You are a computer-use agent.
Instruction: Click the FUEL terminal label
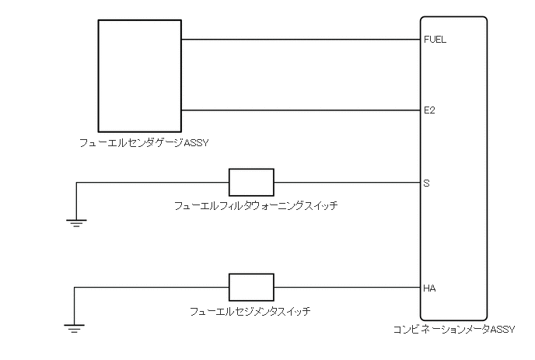pyautogui.click(x=435, y=39)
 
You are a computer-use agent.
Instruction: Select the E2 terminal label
pyautogui.click(x=429, y=110)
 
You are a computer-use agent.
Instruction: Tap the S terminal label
pyautogui.click(x=426, y=183)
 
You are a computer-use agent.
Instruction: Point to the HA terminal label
pyautogui.click(x=429, y=288)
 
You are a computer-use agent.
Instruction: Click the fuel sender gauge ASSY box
pyautogui.click(x=139, y=75)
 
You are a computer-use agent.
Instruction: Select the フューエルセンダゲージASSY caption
pyautogui.click(x=145, y=142)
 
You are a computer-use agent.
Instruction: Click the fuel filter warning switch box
pyautogui.click(x=251, y=182)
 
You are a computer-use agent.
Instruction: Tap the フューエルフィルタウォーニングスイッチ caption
pyautogui.click(x=257, y=206)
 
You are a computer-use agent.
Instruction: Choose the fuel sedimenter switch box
pyautogui.click(x=251, y=287)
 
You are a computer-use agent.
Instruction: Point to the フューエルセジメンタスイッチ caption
pyautogui.click(x=250, y=311)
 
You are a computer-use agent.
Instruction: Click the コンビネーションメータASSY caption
pyautogui.click(x=454, y=330)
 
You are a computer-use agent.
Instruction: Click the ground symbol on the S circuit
pyautogui.click(x=75, y=222)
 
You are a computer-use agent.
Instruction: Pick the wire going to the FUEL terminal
pyautogui.click(x=299, y=39)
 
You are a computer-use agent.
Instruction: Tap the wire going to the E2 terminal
pyautogui.click(x=299, y=110)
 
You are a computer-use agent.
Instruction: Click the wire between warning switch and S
pyautogui.click(x=346, y=183)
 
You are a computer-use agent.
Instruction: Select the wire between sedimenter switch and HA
pyautogui.click(x=346, y=288)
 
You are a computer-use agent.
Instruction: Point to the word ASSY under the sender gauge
pyautogui.click(x=198, y=142)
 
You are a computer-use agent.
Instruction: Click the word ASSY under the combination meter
pyautogui.click(x=502, y=330)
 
